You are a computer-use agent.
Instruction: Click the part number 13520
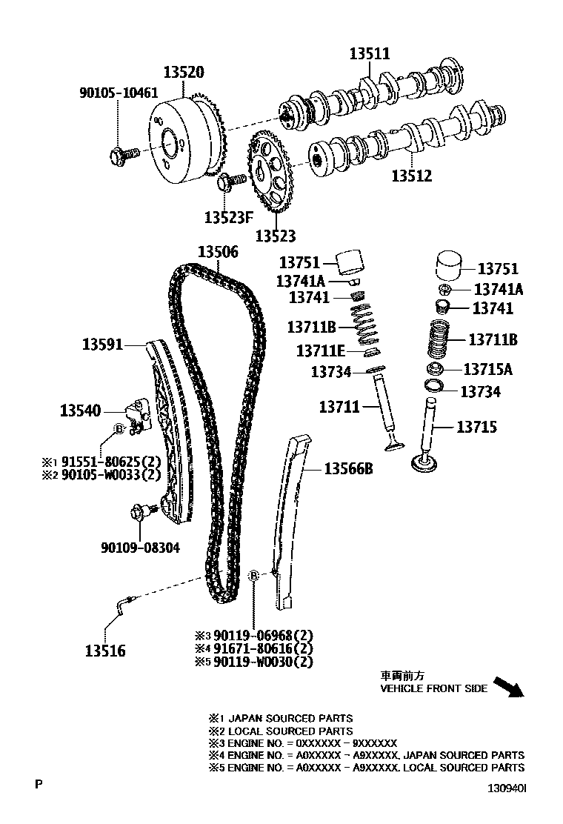pos(184,73)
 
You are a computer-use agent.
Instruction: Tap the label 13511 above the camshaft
pos(370,53)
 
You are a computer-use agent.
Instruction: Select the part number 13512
pos(411,176)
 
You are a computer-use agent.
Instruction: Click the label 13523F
pos(229,217)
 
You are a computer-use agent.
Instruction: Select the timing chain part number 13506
pos(218,252)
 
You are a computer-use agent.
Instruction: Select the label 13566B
pos(348,468)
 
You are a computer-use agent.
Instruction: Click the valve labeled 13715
pos(427,445)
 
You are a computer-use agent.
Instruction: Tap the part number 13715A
pos(487,369)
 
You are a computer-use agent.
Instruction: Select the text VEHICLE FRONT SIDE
pos(433,688)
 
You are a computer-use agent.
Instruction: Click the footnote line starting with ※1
pos(281,718)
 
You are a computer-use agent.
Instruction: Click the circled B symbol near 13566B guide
pos(253,576)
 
